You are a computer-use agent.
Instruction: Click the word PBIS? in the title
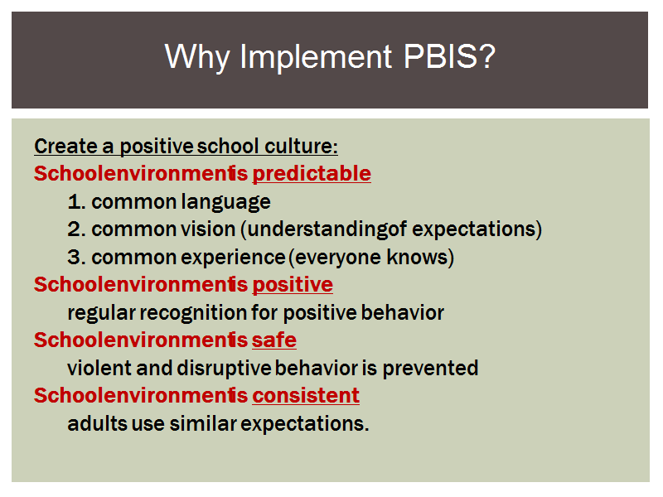449,56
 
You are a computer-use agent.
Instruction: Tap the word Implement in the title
316,57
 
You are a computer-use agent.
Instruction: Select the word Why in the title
197,57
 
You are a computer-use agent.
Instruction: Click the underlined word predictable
312,174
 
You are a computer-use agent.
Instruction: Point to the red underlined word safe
274,340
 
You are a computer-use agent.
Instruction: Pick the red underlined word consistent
306,396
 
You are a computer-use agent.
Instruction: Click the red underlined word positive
293,284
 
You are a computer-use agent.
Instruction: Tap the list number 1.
76,202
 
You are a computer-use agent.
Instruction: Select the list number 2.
76,229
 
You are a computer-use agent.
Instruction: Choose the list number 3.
76,258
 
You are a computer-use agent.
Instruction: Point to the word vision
208,229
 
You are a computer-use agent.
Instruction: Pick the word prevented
430,369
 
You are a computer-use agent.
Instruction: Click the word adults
97,424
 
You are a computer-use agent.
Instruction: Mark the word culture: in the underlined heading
301,147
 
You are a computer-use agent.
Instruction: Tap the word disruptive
224,369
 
